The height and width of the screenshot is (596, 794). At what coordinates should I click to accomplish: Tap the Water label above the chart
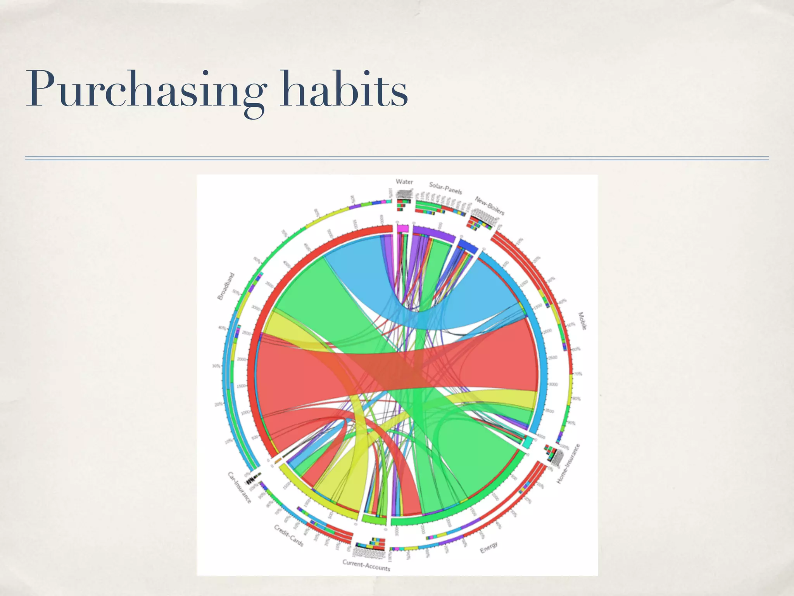click(x=404, y=182)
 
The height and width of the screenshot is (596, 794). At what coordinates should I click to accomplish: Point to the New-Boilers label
click(x=490, y=206)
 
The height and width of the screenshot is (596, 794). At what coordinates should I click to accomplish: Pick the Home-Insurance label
click(x=568, y=464)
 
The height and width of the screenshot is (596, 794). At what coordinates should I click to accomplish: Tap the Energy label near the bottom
click(x=488, y=547)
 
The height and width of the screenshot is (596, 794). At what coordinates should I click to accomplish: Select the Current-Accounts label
click(x=366, y=565)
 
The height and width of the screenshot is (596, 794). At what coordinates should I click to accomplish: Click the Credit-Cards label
click(x=288, y=535)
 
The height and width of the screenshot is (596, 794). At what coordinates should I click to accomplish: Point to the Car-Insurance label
click(x=239, y=487)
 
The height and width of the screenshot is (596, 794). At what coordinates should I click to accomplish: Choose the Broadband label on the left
click(x=226, y=286)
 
